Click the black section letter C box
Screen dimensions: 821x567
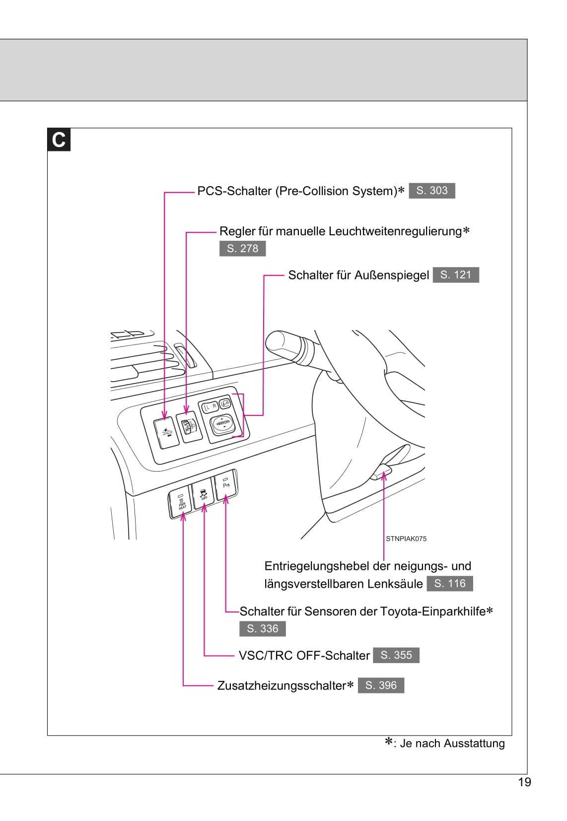[59, 139]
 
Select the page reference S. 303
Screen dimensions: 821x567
[431, 191]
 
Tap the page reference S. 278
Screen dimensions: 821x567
[242, 248]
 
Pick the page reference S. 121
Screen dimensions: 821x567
[455, 274]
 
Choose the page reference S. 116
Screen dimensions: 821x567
[449, 583]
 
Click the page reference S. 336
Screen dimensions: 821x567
[262, 628]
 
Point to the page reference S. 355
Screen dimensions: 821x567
[396, 655]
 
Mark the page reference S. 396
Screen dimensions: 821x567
[381, 685]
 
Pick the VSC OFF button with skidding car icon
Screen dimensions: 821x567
[203, 494]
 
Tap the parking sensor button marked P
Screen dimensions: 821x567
[226, 483]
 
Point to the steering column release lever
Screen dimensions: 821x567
[383, 469]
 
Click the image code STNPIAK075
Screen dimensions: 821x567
[406, 539]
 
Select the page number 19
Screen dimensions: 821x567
[524, 782]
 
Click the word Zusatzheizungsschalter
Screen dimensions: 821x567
[281, 685]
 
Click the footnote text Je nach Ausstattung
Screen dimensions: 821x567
[452, 743]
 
